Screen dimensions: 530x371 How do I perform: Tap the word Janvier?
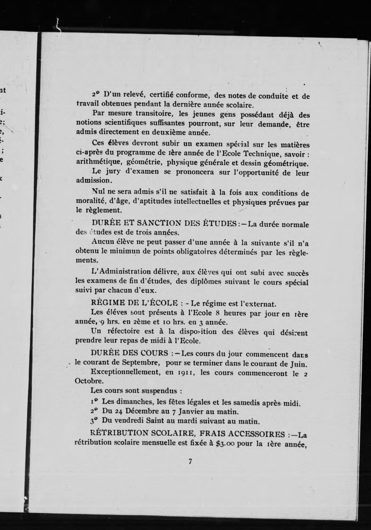tap(191, 411)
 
